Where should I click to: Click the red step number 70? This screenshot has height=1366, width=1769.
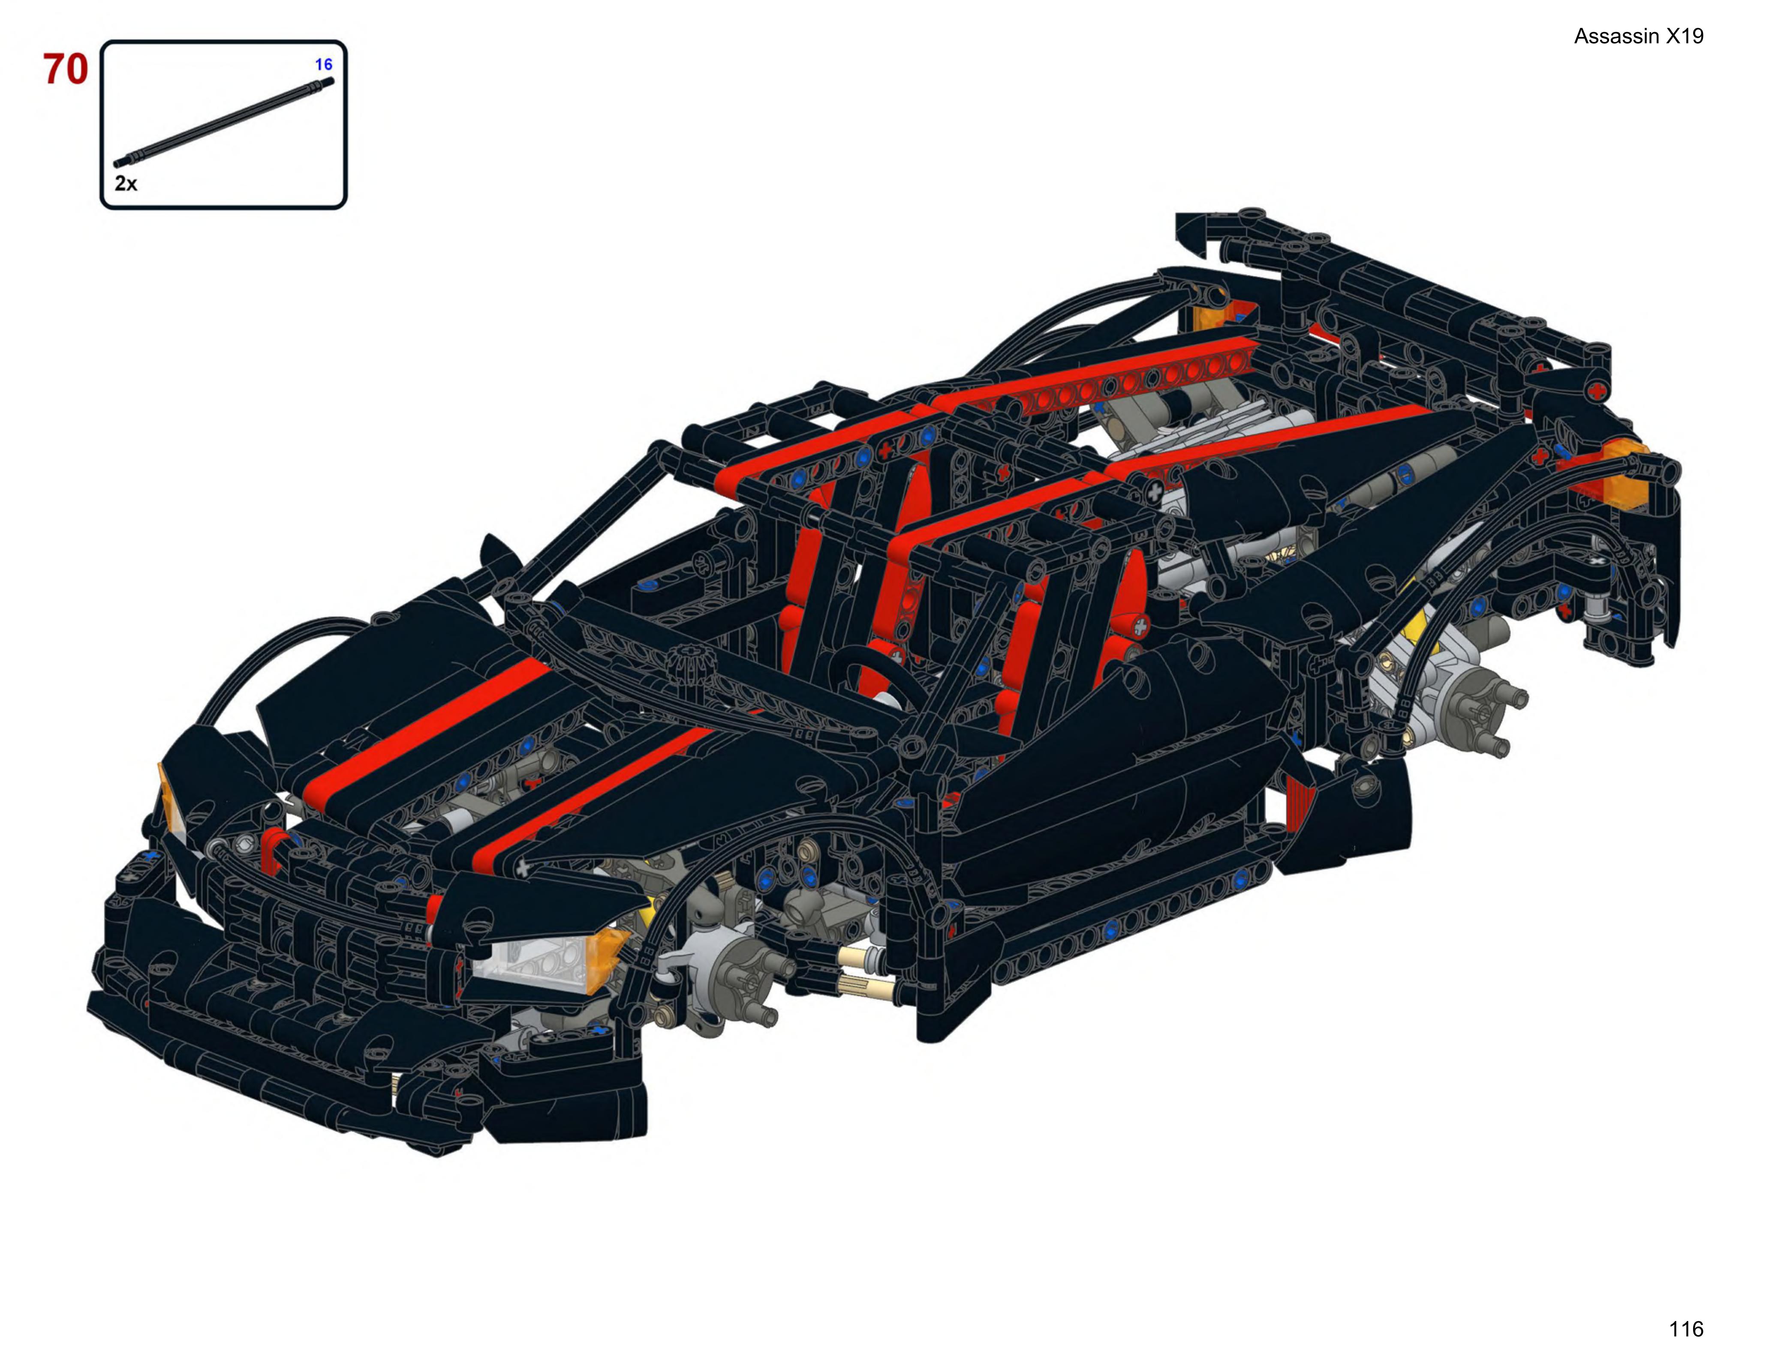click(66, 70)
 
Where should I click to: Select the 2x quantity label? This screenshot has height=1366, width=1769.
click(126, 183)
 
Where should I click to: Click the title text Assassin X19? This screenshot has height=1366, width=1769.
click(1639, 36)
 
